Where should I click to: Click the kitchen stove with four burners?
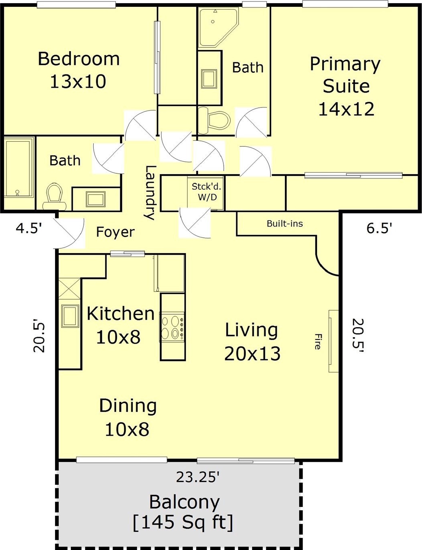click(x=172, y=327)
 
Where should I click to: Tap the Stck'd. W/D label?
click(x=206, y=192)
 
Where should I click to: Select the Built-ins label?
click(x=285, y=223)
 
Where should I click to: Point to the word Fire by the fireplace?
click(x=318, y=342)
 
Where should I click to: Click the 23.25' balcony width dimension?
click(x=198, y=478)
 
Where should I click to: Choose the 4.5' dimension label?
click(x=29, y=229)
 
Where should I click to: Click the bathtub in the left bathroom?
click(x=19, y=167)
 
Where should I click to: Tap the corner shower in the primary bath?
click(x=218, y=27)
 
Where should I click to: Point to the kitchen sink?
click(x=70, y=316)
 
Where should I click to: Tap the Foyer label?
click(x=115, y=232)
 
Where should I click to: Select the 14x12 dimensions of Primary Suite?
click(x=346, y=109)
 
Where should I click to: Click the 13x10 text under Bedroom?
click(x=78, y=82)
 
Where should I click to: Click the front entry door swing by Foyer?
click(x=69, y=233)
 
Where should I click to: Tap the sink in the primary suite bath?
click(x=209, y=79)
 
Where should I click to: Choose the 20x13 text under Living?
click(x=252, y=354)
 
